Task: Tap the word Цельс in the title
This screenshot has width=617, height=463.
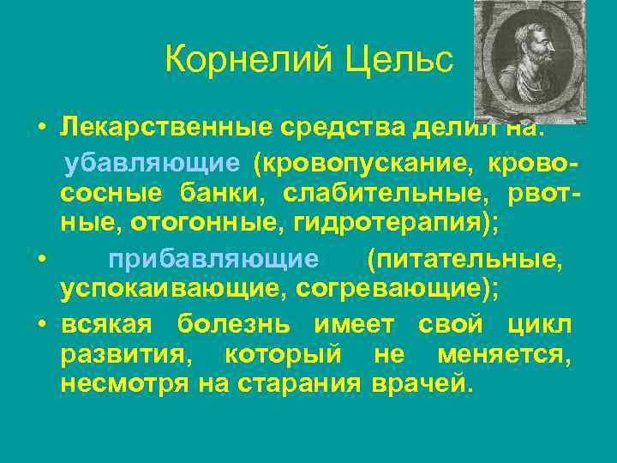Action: tap(399, 60)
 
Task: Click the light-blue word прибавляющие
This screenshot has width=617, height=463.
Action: tap(213, 258)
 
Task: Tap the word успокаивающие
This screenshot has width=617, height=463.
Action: tap(172, 290)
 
